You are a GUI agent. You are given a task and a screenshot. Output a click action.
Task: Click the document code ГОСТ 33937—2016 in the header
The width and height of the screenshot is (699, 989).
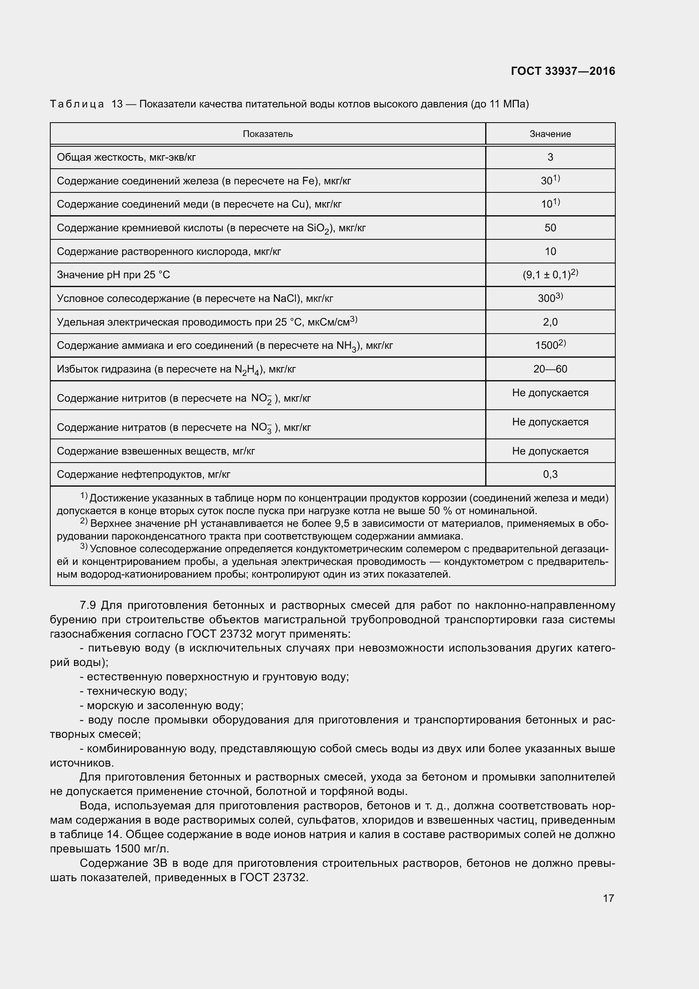[x=562, y=71]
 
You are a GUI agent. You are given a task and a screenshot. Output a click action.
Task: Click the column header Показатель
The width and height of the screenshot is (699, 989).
[x=268, y=134]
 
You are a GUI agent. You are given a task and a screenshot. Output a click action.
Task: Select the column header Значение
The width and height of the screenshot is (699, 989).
[x=550, y=134]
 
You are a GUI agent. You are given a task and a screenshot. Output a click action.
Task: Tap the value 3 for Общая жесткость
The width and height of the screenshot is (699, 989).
[x=550, y=157]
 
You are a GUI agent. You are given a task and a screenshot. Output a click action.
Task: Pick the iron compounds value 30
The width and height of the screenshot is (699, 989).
[x=547, y=181]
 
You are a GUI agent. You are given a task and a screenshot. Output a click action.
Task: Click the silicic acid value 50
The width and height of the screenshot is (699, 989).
[x=550, y=228]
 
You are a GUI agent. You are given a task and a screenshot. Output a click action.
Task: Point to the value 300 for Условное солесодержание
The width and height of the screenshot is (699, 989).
[x=546, y=299]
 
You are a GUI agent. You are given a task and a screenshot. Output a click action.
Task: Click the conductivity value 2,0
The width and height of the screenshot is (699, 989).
[x=550, y=322]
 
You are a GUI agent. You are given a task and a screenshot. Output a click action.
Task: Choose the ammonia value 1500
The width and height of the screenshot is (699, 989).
[x=546, y=345]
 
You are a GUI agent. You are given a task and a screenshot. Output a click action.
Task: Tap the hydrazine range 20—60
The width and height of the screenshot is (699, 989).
[x=550, y=369]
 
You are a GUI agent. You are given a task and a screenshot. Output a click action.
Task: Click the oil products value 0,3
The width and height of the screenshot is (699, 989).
[x=550, y=474]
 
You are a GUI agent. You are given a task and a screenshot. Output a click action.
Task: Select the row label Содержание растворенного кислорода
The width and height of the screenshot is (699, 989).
[x=169, y=252]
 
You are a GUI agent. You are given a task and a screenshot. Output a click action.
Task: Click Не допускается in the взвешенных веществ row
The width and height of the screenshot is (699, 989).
[x=550, y=451]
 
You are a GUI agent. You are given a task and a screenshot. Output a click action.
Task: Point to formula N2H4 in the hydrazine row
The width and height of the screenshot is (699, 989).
[x=247, y=370]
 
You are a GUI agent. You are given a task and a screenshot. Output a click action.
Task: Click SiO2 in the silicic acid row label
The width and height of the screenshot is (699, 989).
[x=318, y=228]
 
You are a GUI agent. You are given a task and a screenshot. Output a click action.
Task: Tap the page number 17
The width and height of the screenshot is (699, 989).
[x=608, y=898]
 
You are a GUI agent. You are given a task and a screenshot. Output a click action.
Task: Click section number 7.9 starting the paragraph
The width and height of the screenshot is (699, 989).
[x=87, y=605]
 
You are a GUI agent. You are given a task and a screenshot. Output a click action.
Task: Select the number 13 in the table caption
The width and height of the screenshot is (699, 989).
[x=117, y=104]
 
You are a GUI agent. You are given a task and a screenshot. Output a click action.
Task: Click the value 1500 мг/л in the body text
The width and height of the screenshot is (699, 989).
[x=142, y=849]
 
